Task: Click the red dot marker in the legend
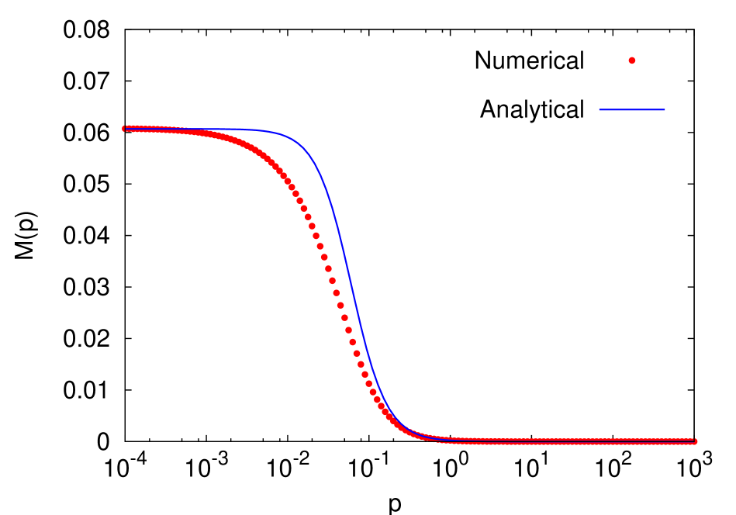631,60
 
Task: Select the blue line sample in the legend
631,109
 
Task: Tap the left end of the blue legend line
600,109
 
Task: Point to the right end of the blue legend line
664,109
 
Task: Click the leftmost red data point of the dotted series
125,128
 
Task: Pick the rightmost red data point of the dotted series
694,441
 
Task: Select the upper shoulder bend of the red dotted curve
264,154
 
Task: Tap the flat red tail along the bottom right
558,441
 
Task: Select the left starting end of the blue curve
125,130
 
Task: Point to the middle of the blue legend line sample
631,109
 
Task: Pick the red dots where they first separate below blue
186,132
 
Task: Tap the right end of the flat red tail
694,441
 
